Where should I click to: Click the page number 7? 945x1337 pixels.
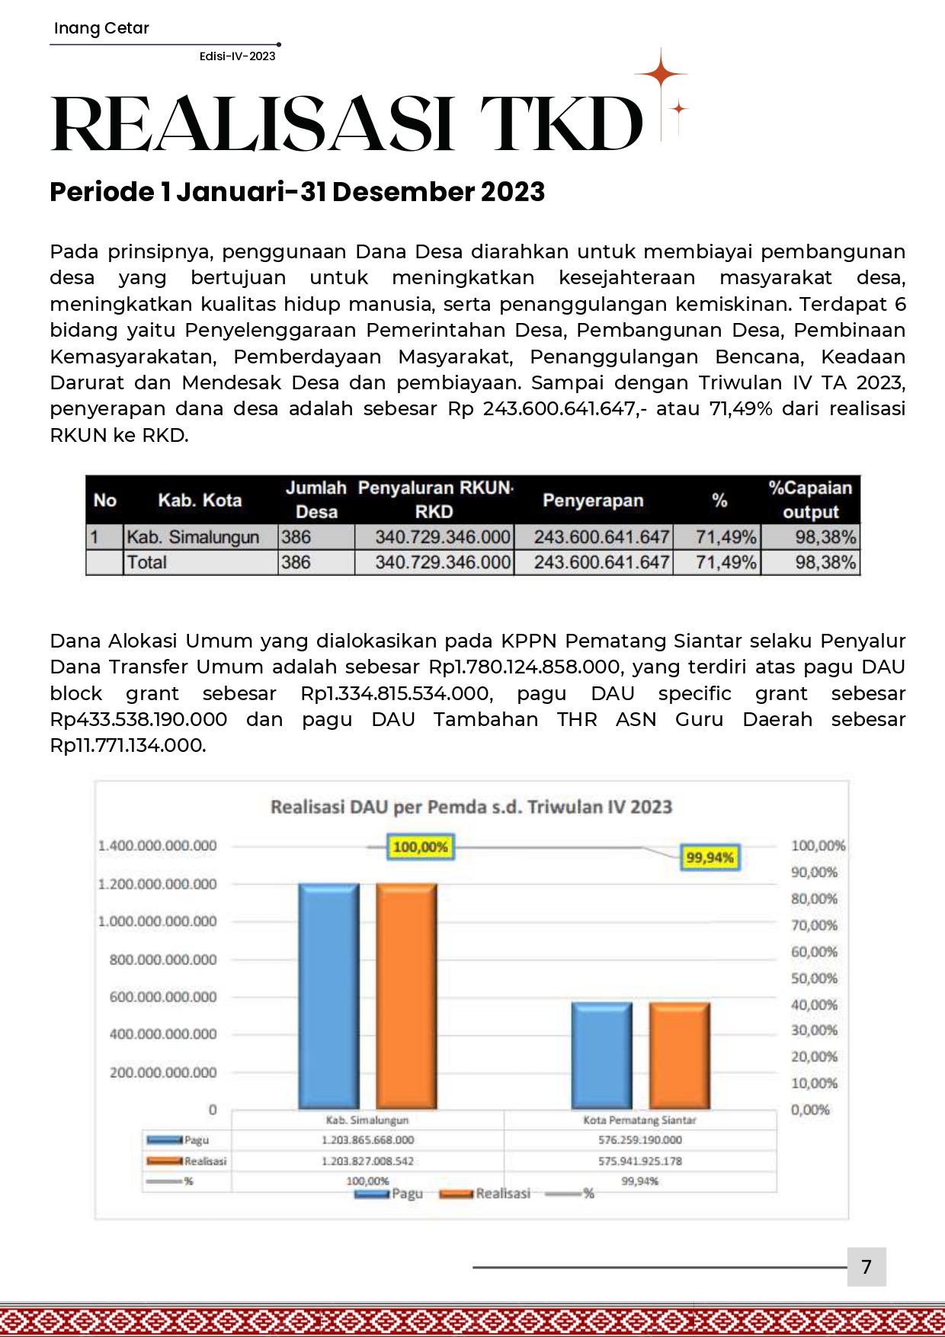[866, 1266]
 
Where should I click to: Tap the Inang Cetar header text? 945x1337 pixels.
[101, 28]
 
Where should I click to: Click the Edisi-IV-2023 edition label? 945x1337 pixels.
[237, 56]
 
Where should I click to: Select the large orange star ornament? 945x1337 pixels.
[661, 74]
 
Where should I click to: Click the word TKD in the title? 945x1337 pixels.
[562, 124]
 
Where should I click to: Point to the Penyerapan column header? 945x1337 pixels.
[593, 501]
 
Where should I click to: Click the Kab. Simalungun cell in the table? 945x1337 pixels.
[193, 537]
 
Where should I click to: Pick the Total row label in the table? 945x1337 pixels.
[147, 562]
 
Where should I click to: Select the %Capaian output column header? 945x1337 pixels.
[810, 500]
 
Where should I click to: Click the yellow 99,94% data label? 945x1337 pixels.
[710, 858]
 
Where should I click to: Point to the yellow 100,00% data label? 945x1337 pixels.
[421, 847]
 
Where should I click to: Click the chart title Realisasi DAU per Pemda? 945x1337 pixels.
[471, 807]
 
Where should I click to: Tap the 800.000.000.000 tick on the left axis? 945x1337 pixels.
[163, 960]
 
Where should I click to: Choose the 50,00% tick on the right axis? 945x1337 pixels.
[814, 978]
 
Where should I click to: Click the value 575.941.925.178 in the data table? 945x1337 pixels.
[640, 1161]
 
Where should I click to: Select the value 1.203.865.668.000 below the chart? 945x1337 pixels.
[367, 1140]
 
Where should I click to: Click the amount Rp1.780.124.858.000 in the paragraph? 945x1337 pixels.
[524, 667]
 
